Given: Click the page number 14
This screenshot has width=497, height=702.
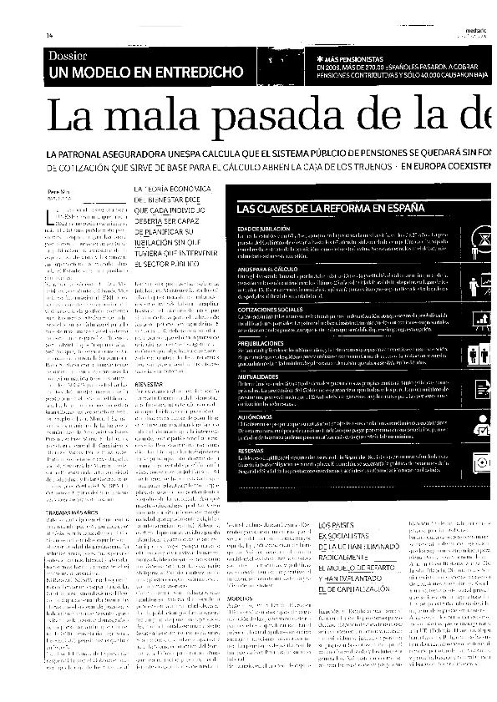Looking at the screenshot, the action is coord(49,34).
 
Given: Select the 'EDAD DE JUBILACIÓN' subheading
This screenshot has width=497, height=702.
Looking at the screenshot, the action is coord(263,228).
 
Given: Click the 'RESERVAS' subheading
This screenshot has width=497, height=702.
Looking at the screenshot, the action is coord(251,448).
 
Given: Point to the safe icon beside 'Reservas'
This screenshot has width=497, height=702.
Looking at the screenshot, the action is coord(482,464).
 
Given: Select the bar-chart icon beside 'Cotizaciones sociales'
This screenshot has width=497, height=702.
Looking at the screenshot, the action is coord(482,318).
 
